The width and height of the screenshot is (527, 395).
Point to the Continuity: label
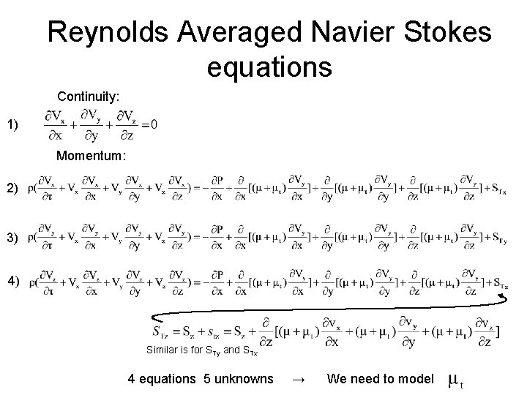click(89, 96)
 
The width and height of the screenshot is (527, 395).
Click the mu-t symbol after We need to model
click(455, 380)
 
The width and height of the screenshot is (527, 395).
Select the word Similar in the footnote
click(162, 350)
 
